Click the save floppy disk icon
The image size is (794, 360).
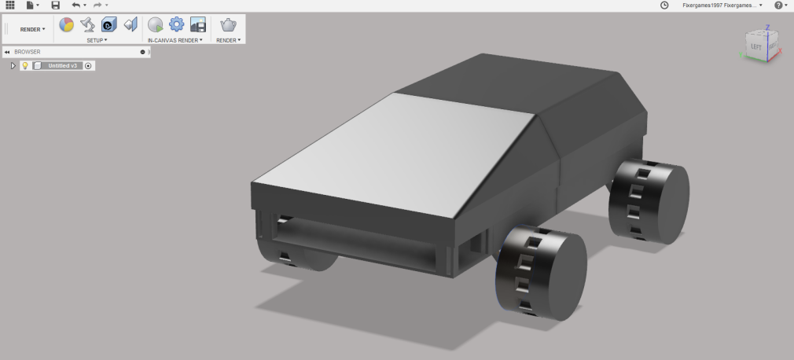tap(55, 6)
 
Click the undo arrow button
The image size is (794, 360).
tap(75, 6)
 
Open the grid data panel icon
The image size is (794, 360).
tap(10, 6)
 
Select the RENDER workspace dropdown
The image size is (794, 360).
tap(32, 29)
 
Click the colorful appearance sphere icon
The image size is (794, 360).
tap(67, 24)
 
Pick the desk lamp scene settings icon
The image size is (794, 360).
tap(88, 24)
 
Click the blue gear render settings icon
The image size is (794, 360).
tap(176, 24)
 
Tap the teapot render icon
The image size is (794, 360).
tap(228, 24)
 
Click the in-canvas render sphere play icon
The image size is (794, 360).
tap(156, 24)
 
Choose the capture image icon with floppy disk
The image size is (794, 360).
tap(198, 24)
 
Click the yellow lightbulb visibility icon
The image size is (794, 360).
tap(25, 66)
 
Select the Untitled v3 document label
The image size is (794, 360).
tap(63, 66)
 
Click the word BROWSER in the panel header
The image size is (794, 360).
tap(28, 52)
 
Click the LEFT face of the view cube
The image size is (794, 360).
tap(756, 47)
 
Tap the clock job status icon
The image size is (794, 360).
tap(664, 6)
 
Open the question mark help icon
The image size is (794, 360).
tap(778, 6)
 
